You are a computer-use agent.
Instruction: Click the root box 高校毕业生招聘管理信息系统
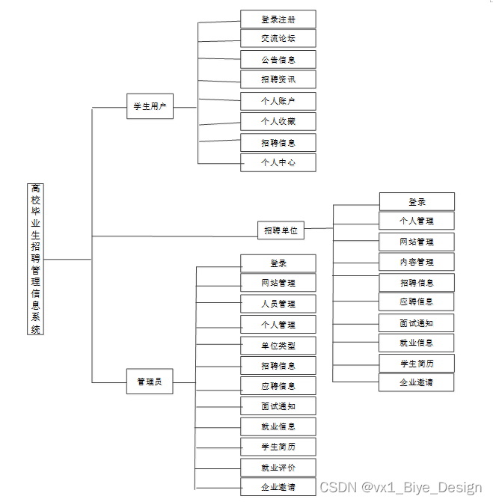coord(36,258)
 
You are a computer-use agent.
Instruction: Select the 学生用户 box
coord(150,107)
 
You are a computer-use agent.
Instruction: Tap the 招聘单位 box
coord(281,230)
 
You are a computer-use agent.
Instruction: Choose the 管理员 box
coord(150,382)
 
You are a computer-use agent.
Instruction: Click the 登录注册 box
coord(278,19)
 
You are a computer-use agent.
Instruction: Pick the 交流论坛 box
coord(278,39)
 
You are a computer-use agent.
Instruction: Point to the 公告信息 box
coord(278,59)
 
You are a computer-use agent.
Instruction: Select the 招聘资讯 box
coord(278,79)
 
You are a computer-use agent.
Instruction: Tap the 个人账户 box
coord(278,101)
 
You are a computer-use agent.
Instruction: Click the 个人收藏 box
coord(278,121)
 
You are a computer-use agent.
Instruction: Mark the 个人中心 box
coord(278,162)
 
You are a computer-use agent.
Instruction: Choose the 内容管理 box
coord(417,262)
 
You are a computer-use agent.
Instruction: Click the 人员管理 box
coord(278,304)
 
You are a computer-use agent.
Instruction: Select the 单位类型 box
coord(278,346)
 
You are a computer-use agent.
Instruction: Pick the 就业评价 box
coord(278,468)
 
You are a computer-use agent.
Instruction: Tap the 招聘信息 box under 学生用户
coord(278,142)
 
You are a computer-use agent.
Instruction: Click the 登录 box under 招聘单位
coord(417,201)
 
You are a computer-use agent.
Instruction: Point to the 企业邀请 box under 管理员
coord(278,487)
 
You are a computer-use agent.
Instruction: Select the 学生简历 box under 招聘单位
coord(417,363)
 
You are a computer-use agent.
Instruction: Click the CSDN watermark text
coord(401,487)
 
